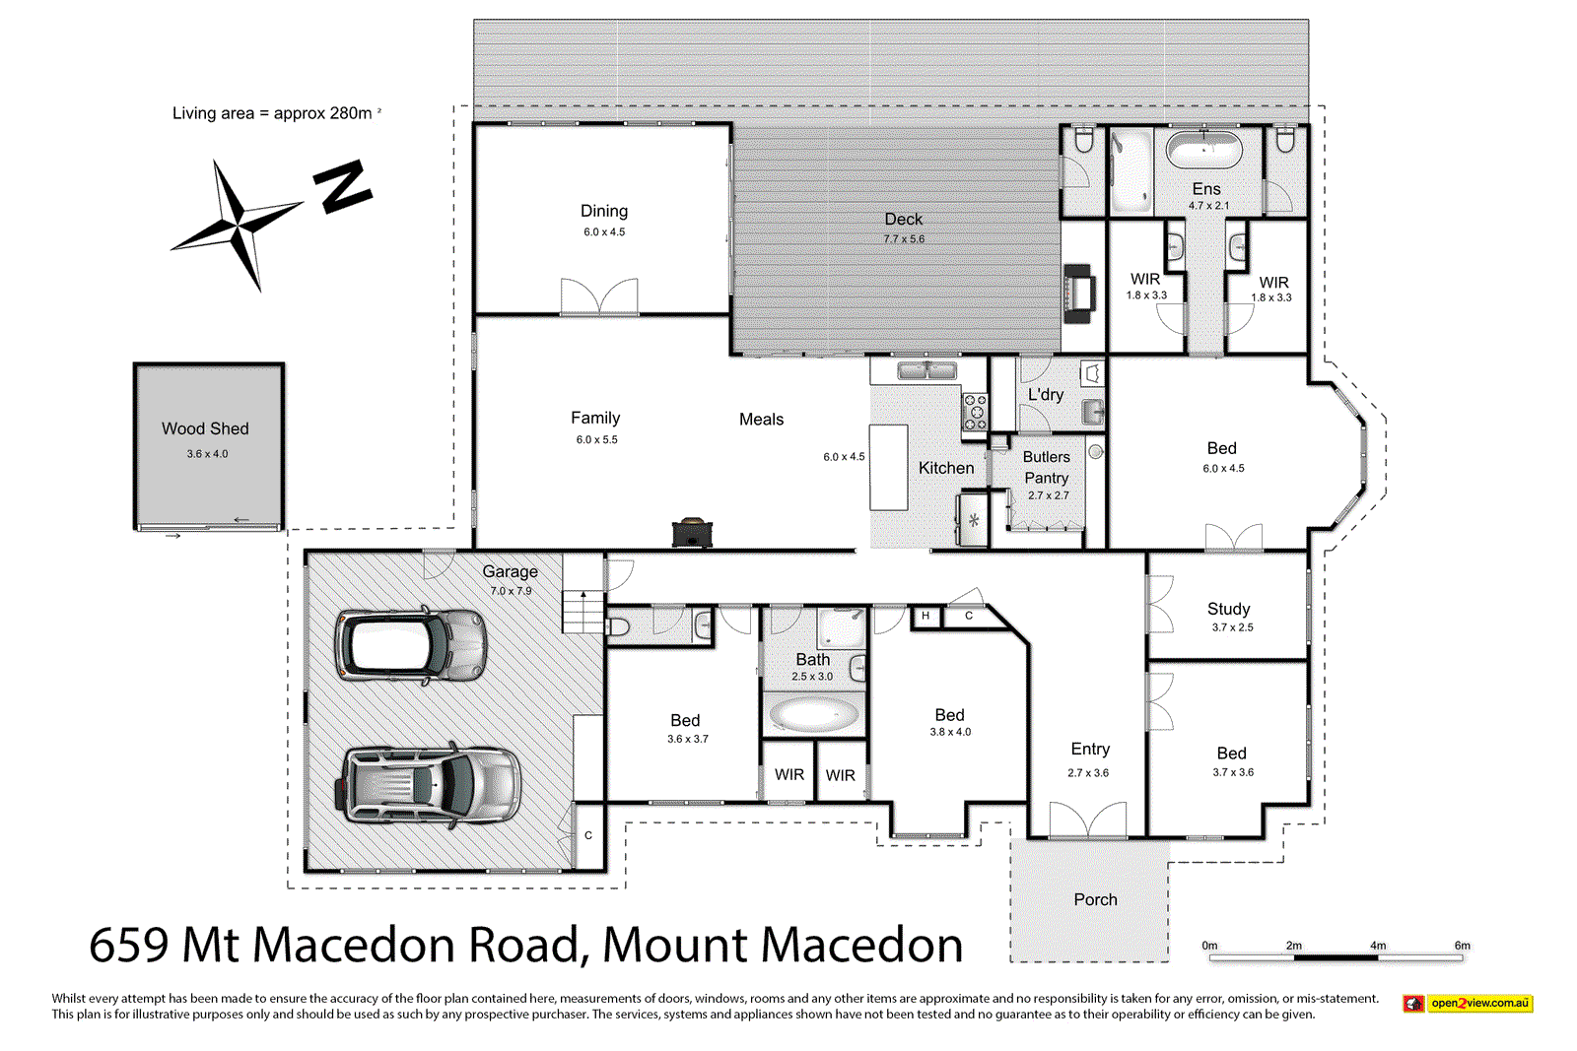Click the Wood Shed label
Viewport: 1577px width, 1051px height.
[x=205, y=428]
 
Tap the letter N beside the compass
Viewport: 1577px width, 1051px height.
[x=342, y=186]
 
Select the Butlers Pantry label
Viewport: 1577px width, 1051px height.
[x=1046, y=467]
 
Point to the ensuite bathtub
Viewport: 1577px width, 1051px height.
[x=1203, y=150]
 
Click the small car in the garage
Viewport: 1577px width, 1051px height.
[x=410, y=644]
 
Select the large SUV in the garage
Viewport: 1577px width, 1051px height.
[x=432, y=785]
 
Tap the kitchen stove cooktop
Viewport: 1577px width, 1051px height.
[x=975, y=412]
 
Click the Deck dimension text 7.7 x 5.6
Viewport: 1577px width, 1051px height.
[x=904, y=239]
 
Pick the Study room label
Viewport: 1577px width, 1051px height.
[x=1228, y=609]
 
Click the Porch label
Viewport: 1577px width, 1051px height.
[x=1095, y=899]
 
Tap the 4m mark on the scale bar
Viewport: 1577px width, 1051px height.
[x=1378, y=946]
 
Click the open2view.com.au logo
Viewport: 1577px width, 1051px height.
[x=1468, y=1003]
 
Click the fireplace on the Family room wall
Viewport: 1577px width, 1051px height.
[x=692, y=532]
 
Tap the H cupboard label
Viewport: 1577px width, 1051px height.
[x=926, y=616]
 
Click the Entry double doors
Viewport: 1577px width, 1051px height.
[x=1088, y=821]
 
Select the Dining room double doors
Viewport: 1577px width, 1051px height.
[x=599, y=296]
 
